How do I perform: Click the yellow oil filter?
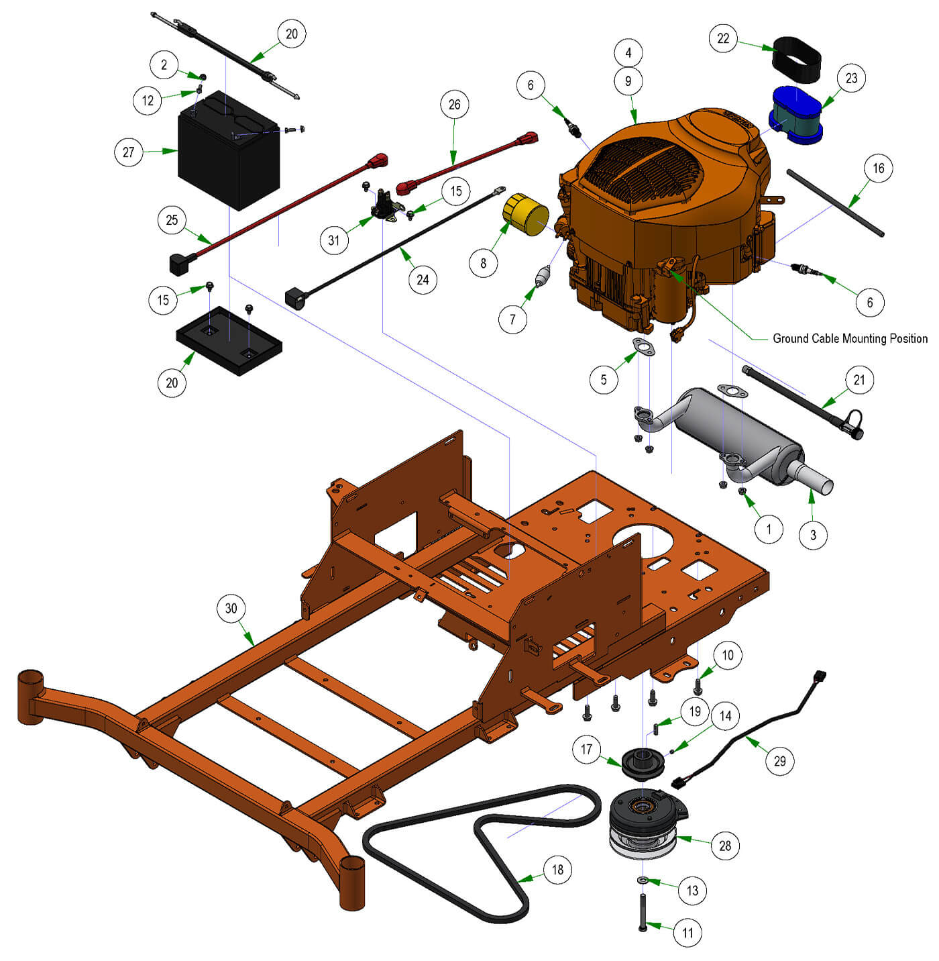525,214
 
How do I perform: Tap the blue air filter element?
795,115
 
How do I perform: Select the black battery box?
229,150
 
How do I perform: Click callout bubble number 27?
128,152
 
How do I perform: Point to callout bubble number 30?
231,608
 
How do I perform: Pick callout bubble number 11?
687,932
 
